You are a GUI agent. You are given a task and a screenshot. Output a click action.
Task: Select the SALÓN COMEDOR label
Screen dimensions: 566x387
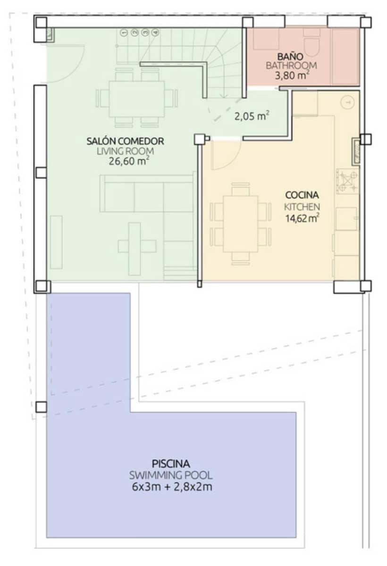[126, 141]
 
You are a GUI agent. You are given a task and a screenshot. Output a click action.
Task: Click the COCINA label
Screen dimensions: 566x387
[302, 195]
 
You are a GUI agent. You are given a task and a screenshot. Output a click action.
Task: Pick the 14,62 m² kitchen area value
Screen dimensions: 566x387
[302, 217]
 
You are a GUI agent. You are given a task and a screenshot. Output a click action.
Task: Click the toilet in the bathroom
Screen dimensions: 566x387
[312, 45]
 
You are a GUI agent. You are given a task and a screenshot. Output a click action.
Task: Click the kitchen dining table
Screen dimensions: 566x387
[241, 224]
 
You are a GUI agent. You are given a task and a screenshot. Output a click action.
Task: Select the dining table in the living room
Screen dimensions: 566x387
[137, 99]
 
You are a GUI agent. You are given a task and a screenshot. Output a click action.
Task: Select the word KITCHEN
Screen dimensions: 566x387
[302, 206]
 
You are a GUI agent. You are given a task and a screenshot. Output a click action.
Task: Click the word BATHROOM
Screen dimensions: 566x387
[291, 66]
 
